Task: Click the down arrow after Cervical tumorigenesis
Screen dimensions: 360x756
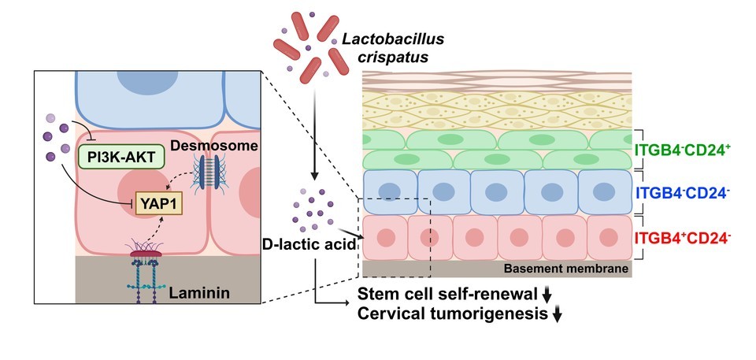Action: (558, 315)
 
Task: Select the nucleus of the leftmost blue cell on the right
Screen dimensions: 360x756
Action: (388, 191)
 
